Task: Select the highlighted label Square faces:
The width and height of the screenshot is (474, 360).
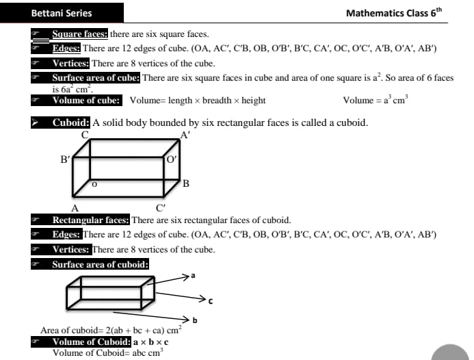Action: coord(80,34)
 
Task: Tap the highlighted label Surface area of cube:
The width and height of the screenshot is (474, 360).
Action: coord(96,78)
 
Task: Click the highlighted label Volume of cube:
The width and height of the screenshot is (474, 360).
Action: coord(87,101)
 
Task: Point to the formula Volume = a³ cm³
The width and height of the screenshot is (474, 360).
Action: coord(374,101)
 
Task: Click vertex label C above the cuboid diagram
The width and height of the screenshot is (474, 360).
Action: coord(85,134)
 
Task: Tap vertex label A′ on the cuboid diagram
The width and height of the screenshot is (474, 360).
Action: coord(185,136)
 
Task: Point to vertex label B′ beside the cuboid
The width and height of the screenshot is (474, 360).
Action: coord(66,159)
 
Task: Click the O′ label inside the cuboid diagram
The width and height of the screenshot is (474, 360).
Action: coord(172,159)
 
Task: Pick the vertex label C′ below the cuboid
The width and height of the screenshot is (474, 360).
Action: coord(161,207)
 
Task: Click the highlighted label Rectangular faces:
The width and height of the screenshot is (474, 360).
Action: coord(91,220)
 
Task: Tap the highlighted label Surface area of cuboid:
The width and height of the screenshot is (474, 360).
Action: coord(101,264)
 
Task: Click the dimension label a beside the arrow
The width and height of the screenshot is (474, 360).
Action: coord(194,276)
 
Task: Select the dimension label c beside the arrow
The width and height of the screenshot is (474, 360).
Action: coord(211,300)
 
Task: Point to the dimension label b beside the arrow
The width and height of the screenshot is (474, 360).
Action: coord(195,320)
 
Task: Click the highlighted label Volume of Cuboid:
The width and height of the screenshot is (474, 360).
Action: coord(92,342)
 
